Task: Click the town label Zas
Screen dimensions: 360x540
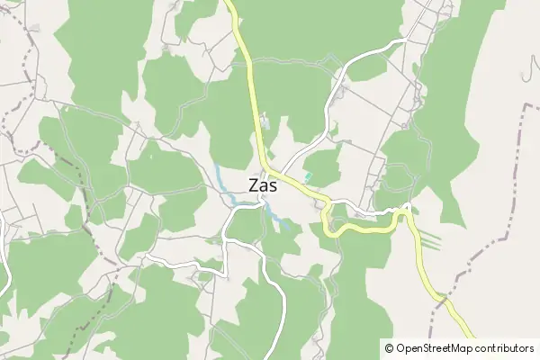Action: (263, 185)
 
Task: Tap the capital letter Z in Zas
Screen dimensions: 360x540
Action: (254, 185)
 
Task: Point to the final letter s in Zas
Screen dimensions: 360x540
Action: (274, 186)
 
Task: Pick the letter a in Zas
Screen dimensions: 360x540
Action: (264, 186)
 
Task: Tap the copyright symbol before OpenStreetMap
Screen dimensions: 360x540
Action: (389, 347)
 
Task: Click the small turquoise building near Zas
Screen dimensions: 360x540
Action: (308, 175)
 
